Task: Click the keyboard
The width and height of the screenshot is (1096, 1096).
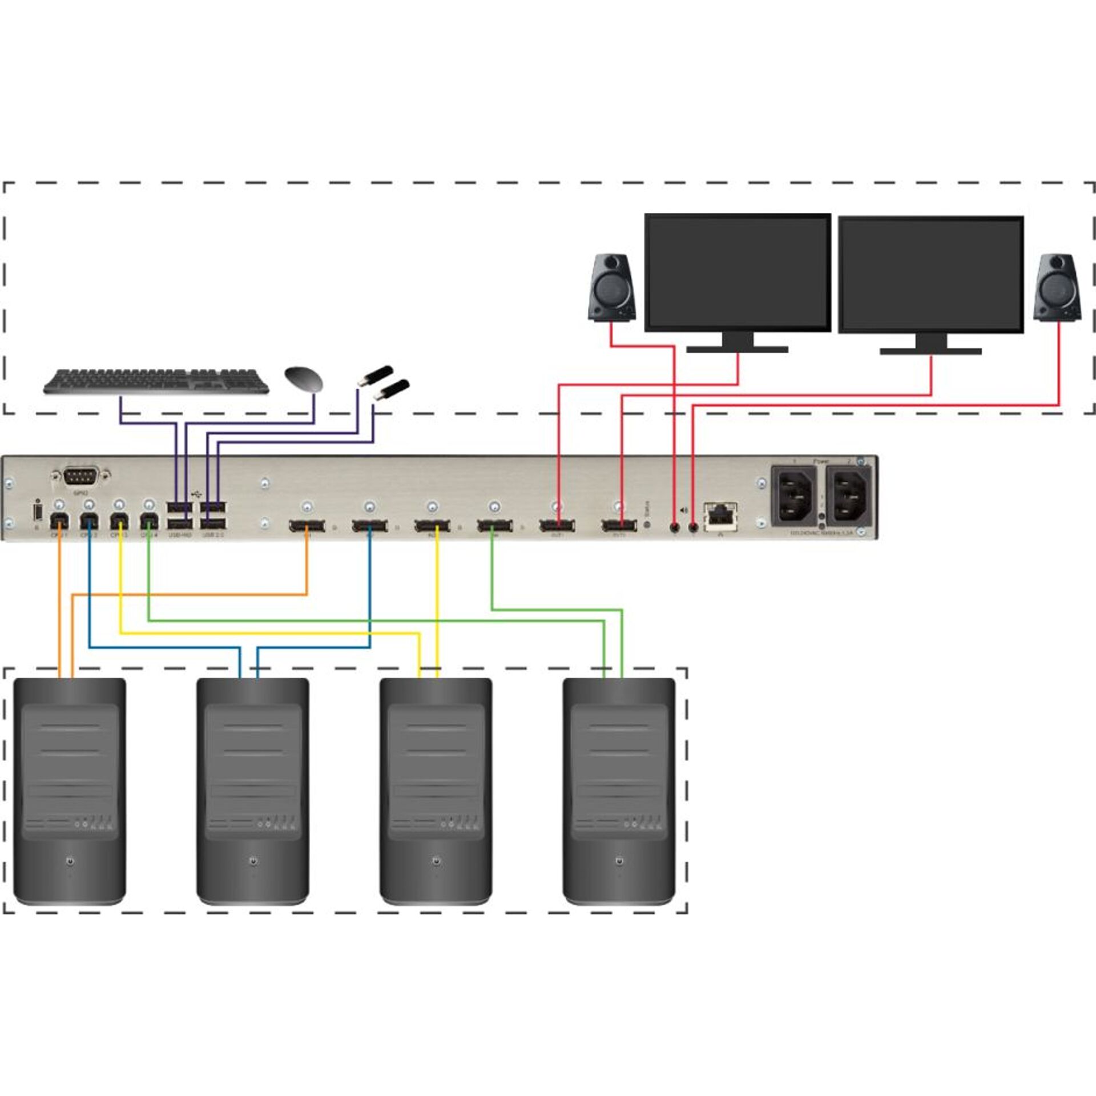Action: [x=156, y=381]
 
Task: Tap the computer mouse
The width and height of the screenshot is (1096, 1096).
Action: [x=304, y=378]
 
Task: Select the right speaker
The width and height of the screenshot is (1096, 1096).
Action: [x=1057, y=287]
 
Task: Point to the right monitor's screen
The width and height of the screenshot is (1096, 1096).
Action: [x=930, y=274]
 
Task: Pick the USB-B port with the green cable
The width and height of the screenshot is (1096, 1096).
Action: [x=148, y=521]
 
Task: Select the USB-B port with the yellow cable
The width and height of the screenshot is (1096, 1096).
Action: [x=119, y=521]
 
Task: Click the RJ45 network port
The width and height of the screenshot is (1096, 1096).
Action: [x=720, y=515]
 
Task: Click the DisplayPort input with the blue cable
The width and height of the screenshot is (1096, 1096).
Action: [x=369, y=525]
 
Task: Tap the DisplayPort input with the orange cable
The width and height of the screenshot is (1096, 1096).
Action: [x=307, y=525]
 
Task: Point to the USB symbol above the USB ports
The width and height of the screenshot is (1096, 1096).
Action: [x=197, y=491]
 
